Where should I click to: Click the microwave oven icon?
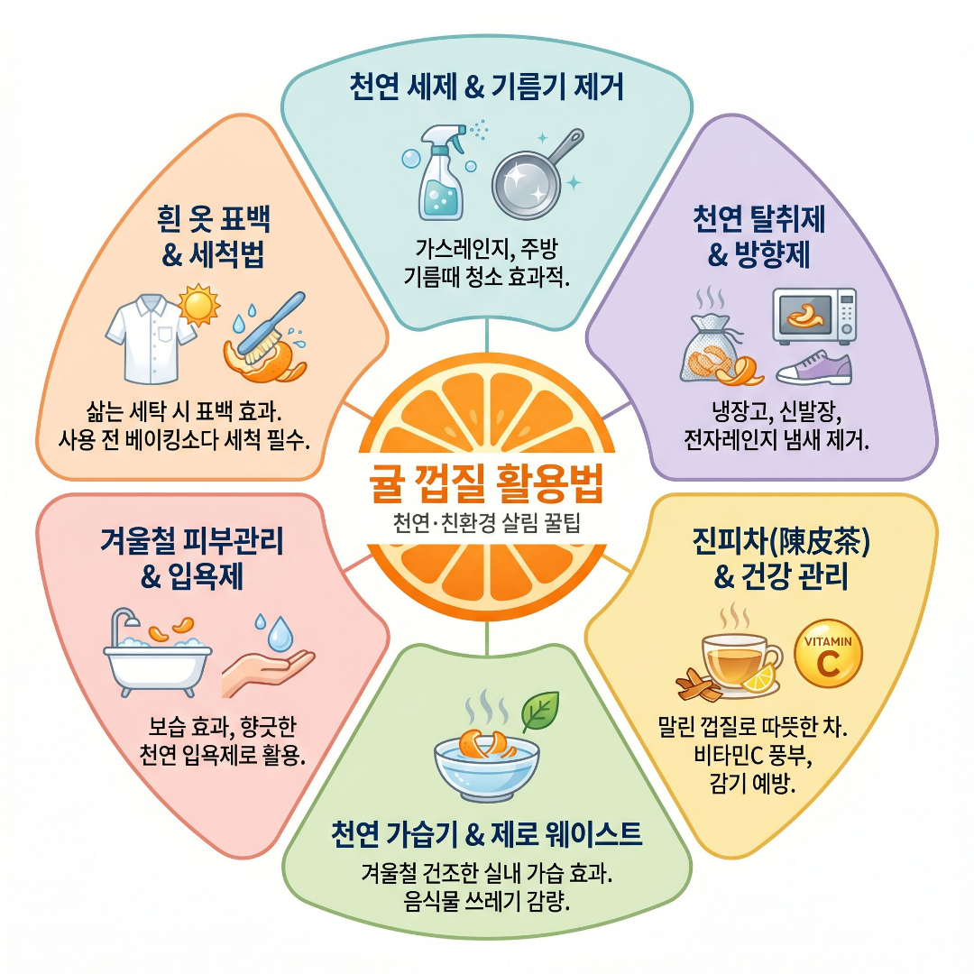point(814,316)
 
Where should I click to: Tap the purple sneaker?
point(813,368)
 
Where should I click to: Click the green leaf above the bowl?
point(540,710)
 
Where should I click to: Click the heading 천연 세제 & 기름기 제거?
point(487,88)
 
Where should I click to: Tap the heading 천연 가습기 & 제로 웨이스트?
point(487,835)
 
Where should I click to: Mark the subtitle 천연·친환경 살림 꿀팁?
point(487,526)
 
